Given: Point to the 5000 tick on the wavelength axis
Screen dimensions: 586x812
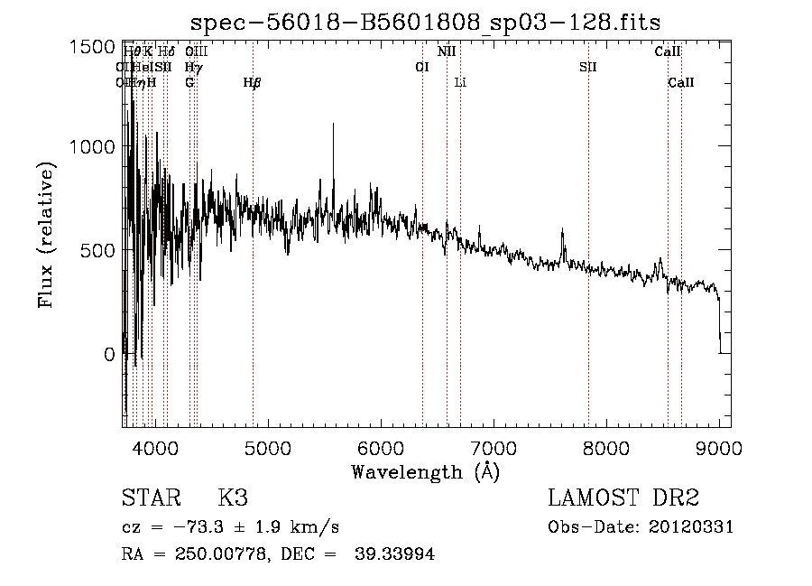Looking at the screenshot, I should (268, 447).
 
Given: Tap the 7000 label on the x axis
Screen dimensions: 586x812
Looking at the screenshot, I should (493, 447).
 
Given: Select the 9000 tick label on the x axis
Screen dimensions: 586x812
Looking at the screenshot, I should (718, 447).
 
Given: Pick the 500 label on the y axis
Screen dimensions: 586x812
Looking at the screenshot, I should (99, 250).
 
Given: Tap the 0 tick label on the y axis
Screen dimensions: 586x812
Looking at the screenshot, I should (110, 355).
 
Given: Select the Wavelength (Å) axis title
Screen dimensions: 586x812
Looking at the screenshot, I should (425, 471).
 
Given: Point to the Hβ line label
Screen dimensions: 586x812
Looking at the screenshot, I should (253, 83).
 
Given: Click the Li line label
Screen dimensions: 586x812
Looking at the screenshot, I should (460, 83).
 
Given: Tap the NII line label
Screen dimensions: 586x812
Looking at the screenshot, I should (447, 52).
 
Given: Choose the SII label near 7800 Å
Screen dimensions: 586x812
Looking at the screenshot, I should (588, 68).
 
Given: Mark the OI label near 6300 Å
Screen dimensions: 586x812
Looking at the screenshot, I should (421, 68).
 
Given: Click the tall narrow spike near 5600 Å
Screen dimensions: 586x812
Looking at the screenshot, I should (334, 126).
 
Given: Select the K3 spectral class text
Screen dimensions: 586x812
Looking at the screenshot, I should (233, 498).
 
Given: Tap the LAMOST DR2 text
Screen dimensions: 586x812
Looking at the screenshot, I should (623, 498).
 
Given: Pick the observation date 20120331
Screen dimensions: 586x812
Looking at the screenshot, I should (689, 527).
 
